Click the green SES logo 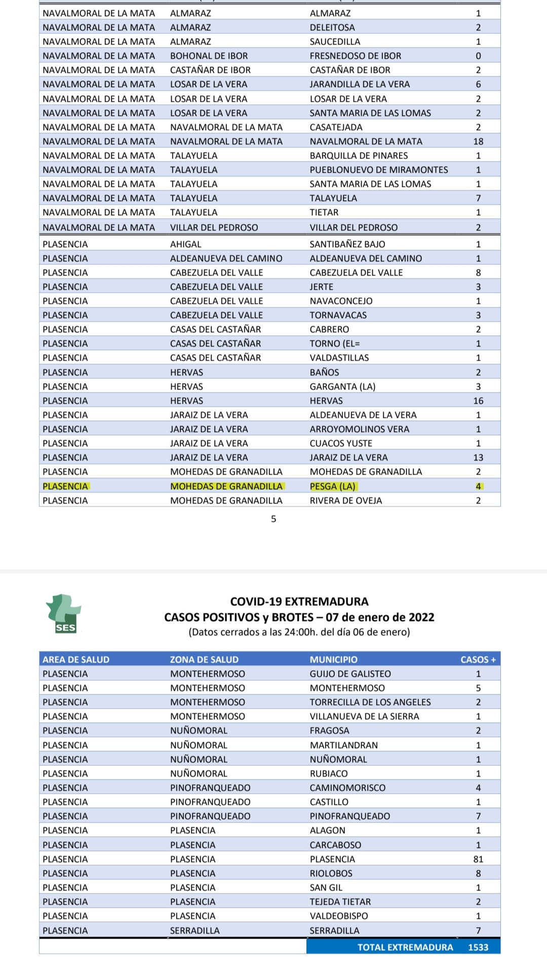[x=64, y=614]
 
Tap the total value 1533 [x=478, y=947]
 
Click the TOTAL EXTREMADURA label [x=405, y=947]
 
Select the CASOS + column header [x=478, y=660]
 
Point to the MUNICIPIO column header [x=334, y=660]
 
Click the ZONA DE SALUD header [x=204, y=660]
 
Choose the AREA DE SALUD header [x=76, y=660]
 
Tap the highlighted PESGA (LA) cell [x=333, y=486]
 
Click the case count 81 [x=478, y=859]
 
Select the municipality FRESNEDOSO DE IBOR [x=356, y=56]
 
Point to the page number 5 [x=273, y=519]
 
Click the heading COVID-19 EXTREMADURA [x=299, y=601]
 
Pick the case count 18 [x=478, y=141]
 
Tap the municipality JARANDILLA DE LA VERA [x=360, y=84]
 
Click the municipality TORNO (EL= [x=335, y=343]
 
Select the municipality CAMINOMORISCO [x=347, y=788]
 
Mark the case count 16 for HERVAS [x=478, y=401]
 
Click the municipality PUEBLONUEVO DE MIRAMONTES [x=379, y=170]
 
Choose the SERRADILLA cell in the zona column [x=195, y=931]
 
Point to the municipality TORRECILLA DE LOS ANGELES [x=370, y=702]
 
